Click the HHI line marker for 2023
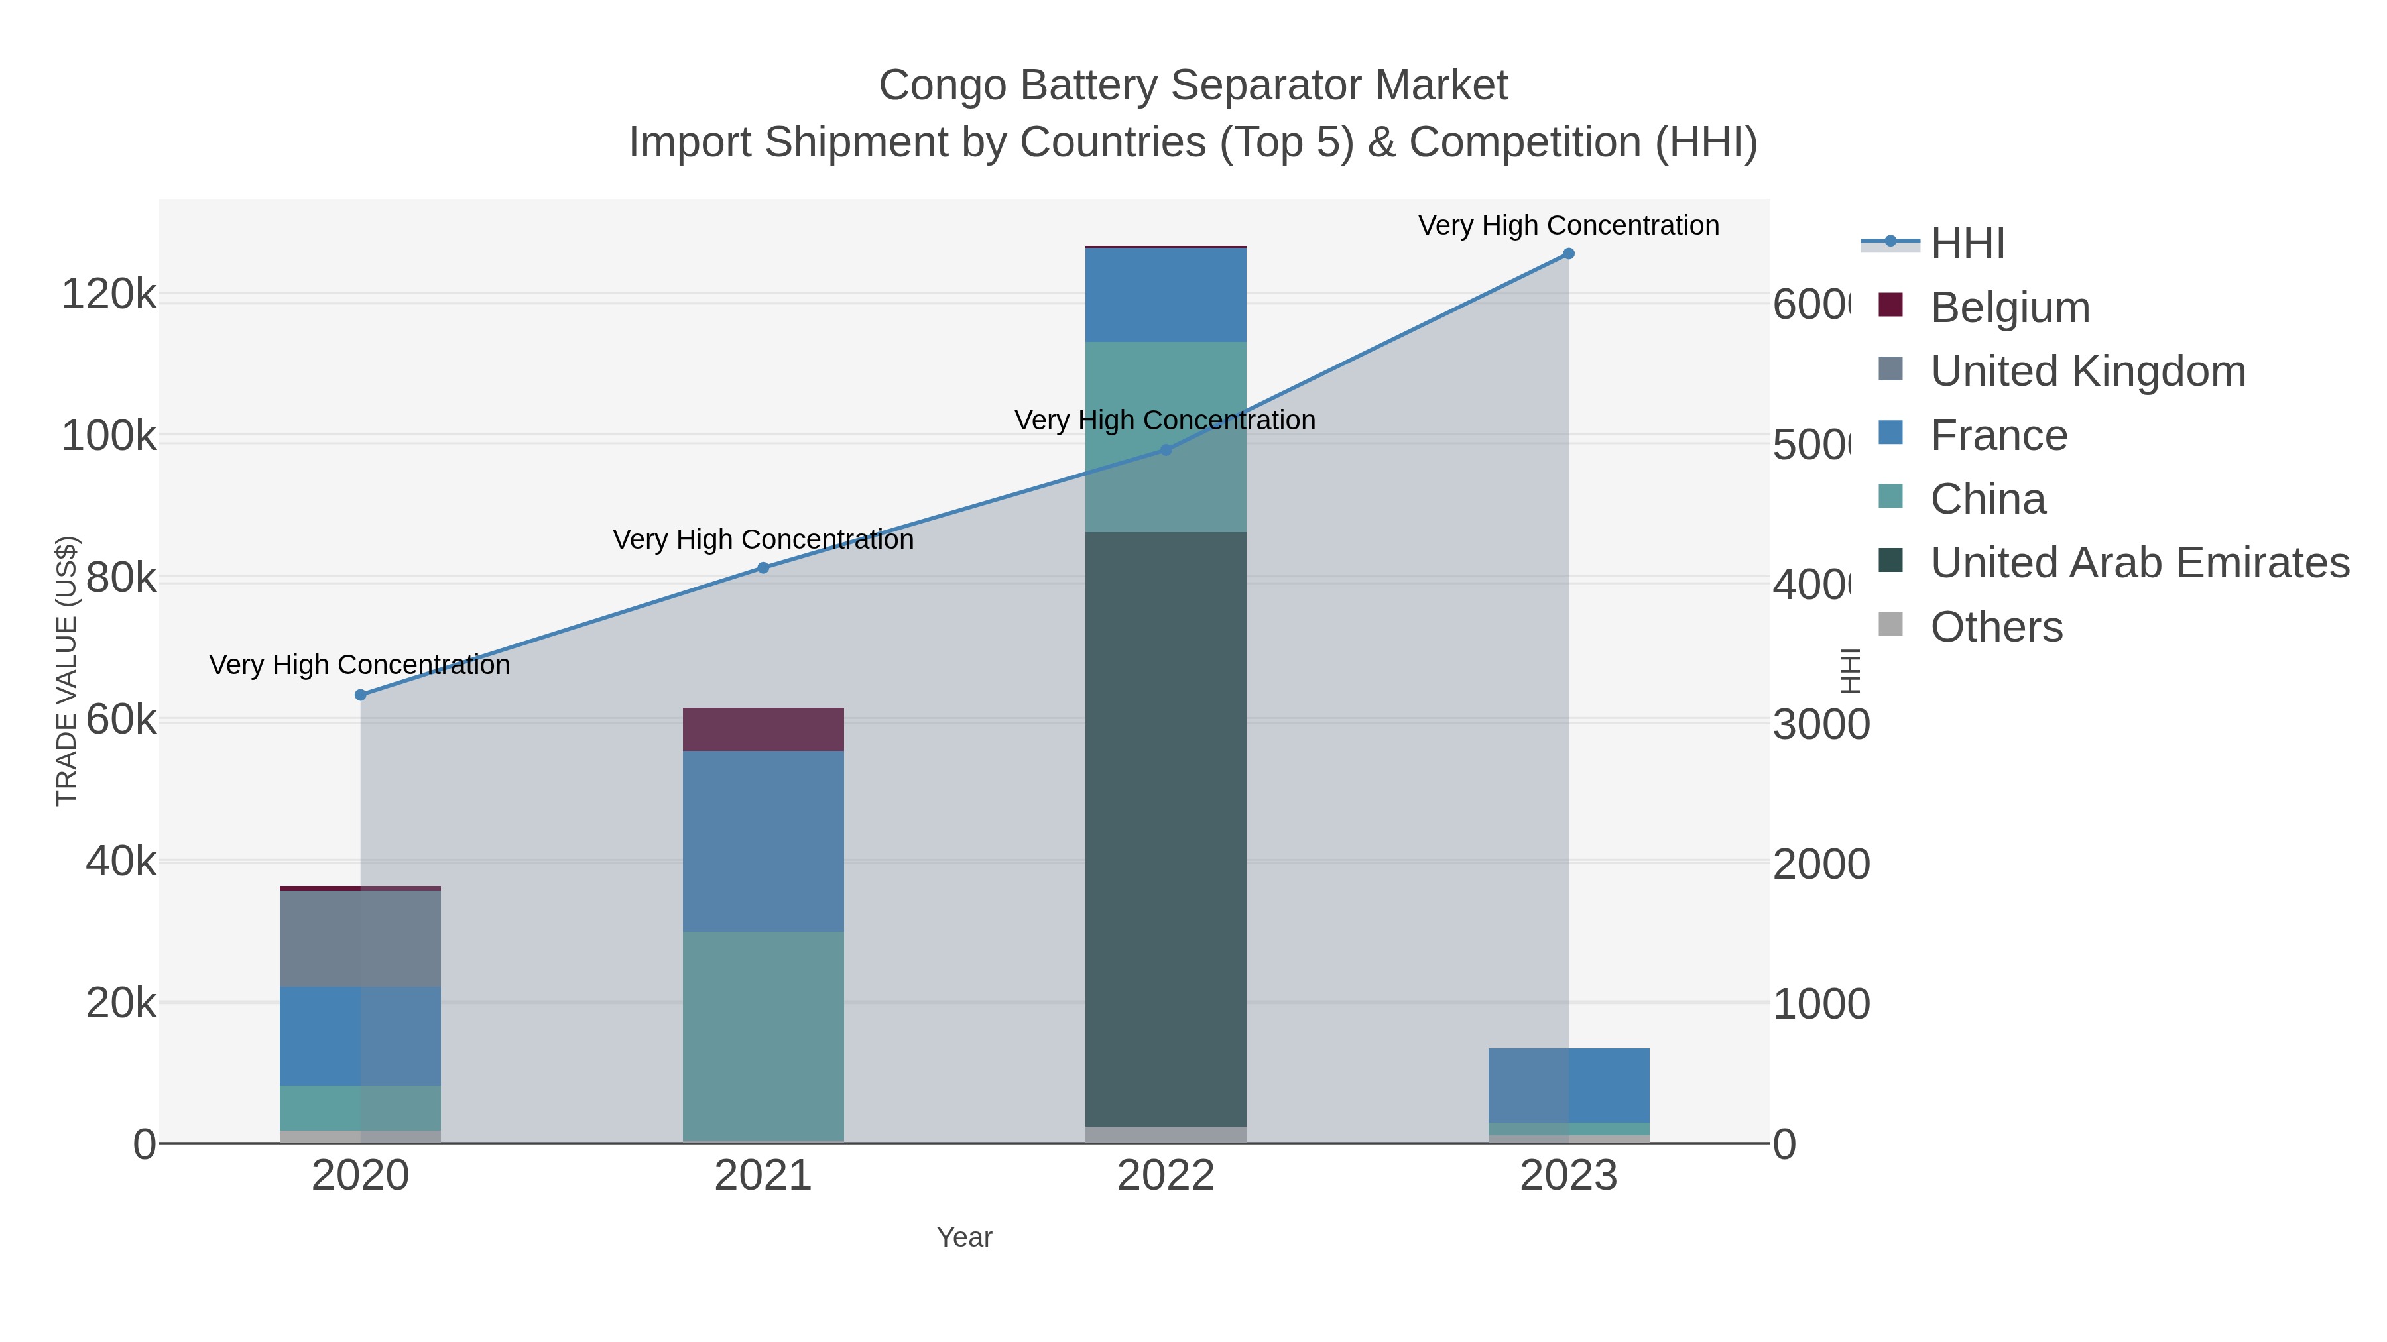click(x=1568, y=254)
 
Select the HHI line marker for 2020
click(x=361, y=695)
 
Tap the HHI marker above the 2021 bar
click(x=763, y=568)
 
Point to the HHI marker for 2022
click(x=1166, y=450)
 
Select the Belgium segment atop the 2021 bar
click(x=763, y=730)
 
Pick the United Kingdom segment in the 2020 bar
click(x=361, y=938)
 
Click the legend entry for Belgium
click(x=2009, y=308)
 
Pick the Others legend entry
click(x=1995, y=627)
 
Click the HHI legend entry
click(x=1967, y=244)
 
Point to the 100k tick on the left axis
click(x=109, y=437)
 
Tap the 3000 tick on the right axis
click(x=1820, y=725)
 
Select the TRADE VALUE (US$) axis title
click(x=67, y=671)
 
